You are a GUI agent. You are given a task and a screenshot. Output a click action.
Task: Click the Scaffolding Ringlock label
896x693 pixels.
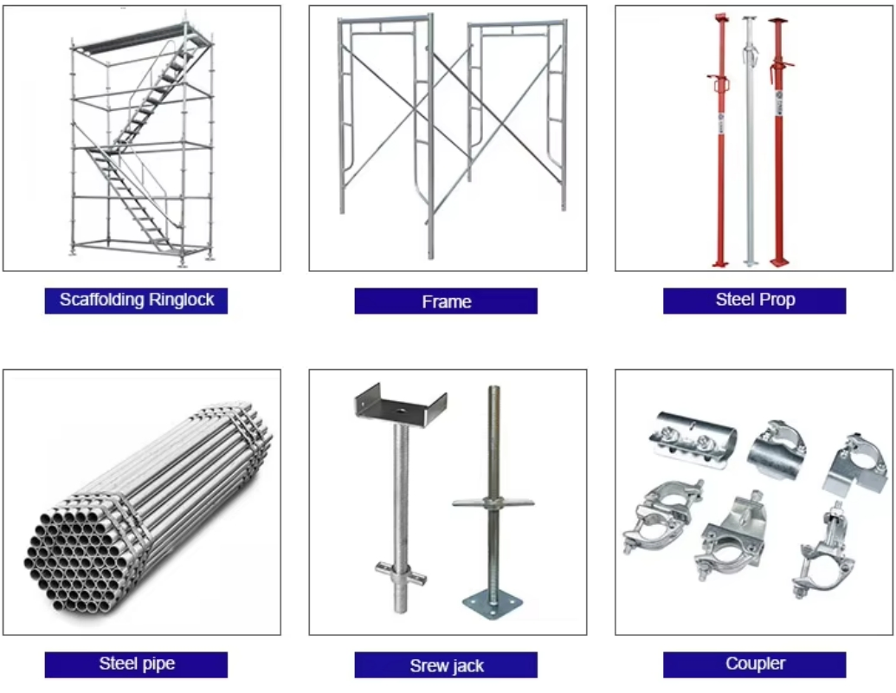[136, 301]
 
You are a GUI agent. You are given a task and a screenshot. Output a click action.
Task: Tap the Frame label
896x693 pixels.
[446, 301]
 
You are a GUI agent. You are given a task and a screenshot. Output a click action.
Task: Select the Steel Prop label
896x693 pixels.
[754, 301]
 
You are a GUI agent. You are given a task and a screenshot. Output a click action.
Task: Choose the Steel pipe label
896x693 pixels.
[136, 664]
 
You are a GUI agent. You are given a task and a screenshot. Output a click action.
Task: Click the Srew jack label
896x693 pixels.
[446, 665]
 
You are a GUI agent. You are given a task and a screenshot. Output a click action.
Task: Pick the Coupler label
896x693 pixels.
[754, 664]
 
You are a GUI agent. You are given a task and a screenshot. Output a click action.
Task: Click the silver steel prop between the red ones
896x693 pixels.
[750, 139]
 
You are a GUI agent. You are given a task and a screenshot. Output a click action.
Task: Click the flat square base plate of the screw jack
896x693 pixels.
[493, 603]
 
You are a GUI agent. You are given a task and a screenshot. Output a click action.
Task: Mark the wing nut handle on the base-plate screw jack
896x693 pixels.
[491, 503]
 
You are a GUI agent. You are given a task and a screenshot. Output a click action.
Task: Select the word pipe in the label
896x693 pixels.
[157, 664]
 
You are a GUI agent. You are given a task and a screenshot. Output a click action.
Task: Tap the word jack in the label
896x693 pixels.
[467, 666]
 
